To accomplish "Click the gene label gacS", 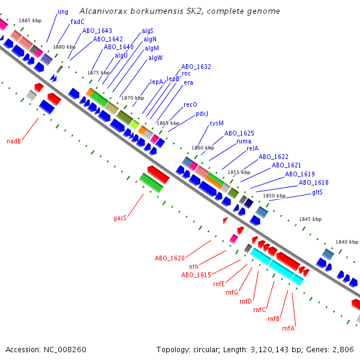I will [120, 218].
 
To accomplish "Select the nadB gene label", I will [14, 142].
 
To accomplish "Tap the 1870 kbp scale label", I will [133, 98].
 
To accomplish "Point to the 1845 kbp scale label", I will [310, 219].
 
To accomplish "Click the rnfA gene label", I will [288, 328].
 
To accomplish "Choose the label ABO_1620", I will [170, 258].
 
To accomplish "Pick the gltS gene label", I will [317, 192].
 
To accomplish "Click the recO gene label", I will [190, 104].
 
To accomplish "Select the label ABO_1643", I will [97, 31].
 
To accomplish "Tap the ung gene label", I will [63, 12].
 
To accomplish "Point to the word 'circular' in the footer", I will [211, 349].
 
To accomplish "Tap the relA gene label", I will [251, 148].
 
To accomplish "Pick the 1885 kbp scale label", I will [30, 20].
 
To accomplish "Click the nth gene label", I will [194, 266].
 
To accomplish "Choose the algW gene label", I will [155, 58].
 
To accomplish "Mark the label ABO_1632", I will [196, 67].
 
